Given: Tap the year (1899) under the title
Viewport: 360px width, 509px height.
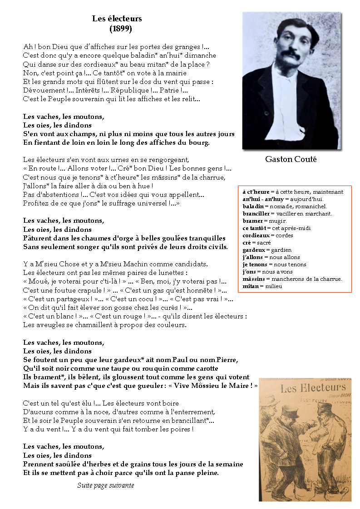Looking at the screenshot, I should [x=121, y=29].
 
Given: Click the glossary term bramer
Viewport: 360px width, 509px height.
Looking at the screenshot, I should [x=252, y=221].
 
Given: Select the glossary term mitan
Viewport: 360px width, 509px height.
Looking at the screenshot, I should [x=251, y=286].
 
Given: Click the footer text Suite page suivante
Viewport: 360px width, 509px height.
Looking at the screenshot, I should [x=105, y=485].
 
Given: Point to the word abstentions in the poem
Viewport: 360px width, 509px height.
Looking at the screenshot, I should [x=57, y=195].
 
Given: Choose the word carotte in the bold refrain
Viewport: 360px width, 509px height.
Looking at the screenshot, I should [x=205, y=368].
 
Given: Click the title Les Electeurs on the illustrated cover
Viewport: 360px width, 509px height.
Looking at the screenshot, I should [x=313, y=388].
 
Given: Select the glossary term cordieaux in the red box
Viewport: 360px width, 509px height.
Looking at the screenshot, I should [x=256, y=235].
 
